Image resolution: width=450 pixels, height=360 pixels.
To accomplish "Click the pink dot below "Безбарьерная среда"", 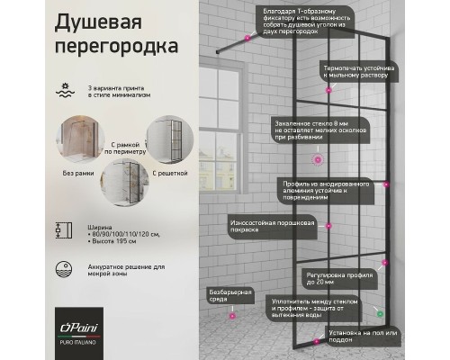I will point(231,317).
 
